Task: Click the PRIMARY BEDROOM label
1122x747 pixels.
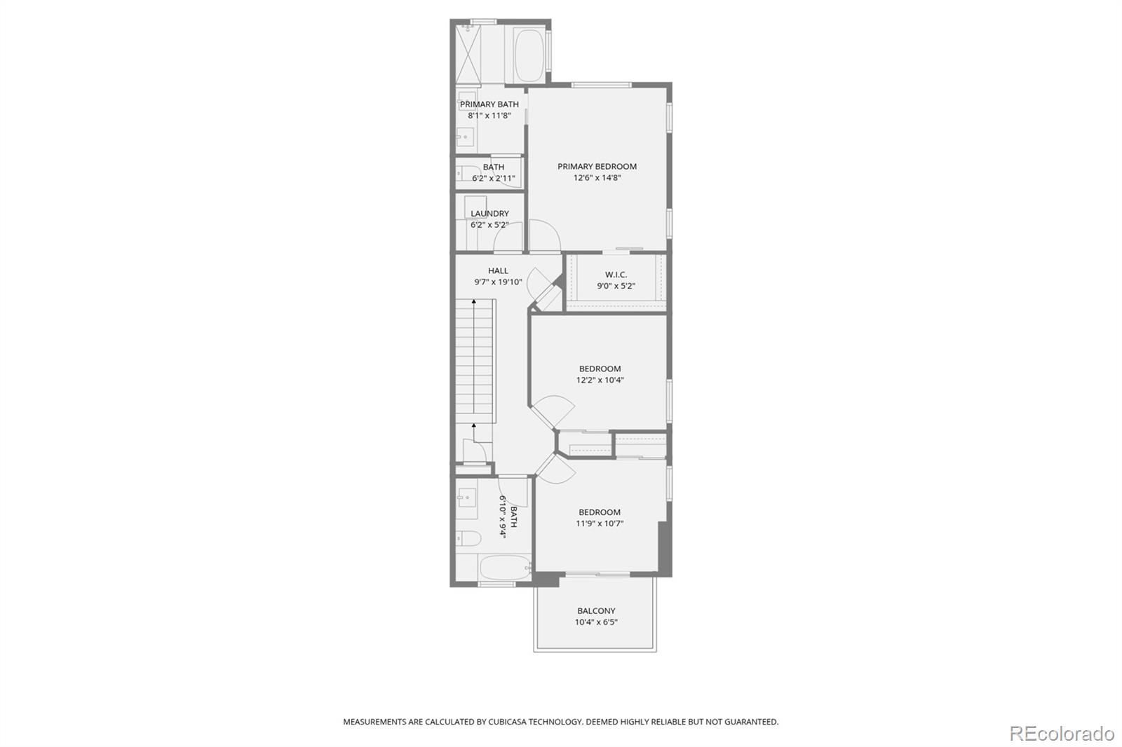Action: pyautogui.click(x=597, y=166)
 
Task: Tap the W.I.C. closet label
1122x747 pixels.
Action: pyautogui.click(x=616, y=275)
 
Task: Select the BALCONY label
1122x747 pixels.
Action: pyautogui.click(x=596, y=611)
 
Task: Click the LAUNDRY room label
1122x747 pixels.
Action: pyautogui.click(x=489, y=214)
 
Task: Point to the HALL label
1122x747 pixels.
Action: pyautogui.click(x=498, y=271)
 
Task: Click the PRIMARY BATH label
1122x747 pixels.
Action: pyautogui.click(x=489, y=104)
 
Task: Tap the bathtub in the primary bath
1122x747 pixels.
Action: pyautogui.click(x=529, y=55)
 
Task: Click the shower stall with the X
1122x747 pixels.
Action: pyautogui.click(x=468, y=54)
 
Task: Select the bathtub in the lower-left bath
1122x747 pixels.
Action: pyautogui.click(x=505, y=568)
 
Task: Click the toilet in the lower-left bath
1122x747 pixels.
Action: pyautogui.click(x=468, y=539)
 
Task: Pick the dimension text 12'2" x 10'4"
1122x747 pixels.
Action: pyautogui.click(x=600, y=380)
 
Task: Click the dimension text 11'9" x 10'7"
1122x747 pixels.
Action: pyautogui.click(x=600, y=523)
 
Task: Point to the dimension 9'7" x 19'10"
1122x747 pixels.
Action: pyautogui.click(x=498, y=282)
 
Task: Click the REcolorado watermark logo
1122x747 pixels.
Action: pyautogui.click(x=1062, y=734)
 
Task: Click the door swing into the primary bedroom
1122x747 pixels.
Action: pyautogui.click(x=544, y=235)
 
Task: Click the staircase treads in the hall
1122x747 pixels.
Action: pyautogui.click(x=474, y=360)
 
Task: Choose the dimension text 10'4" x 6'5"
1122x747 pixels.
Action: pyautogui.click(x=596, y=622)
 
